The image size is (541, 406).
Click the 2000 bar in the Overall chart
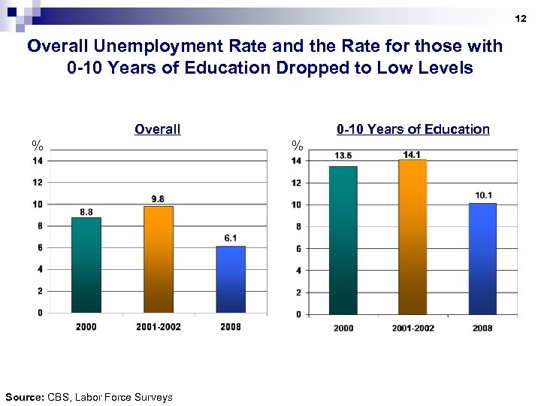point(86,265)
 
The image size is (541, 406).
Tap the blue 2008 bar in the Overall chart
point(231,279)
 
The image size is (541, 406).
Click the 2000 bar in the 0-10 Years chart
point(343,240)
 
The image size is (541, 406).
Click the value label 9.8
point(158,199)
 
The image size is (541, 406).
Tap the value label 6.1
point(231,238)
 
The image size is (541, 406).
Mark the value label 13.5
point(343,156)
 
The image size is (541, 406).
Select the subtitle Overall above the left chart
point(157,129)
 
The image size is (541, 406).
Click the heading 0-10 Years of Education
point(413,129)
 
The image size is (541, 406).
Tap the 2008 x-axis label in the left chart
point(231,327)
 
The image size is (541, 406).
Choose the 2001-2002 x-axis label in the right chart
point(412,328)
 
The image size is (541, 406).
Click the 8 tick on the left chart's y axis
point(39,226)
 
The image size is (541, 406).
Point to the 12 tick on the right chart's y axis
point(296,183)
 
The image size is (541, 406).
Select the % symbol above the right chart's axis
point(298,145)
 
